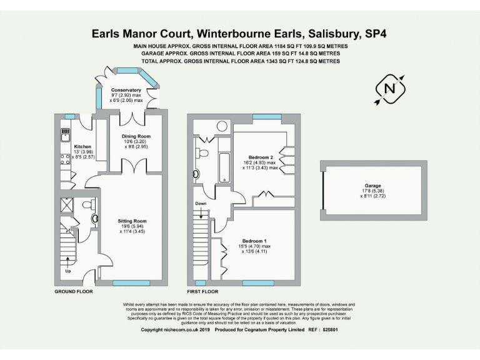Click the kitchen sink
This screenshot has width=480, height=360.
click(x=64, y=134)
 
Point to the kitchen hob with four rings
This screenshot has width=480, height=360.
click(x=64, y=160)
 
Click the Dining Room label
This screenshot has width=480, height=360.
click(x=136, y=136)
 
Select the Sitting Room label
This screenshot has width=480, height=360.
click(x=132, y=221)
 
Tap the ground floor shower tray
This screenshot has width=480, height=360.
click(x=67, y=206)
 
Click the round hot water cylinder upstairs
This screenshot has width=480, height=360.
click(x=223, y=126)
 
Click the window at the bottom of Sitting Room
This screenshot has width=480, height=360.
click(x=131, y=282)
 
